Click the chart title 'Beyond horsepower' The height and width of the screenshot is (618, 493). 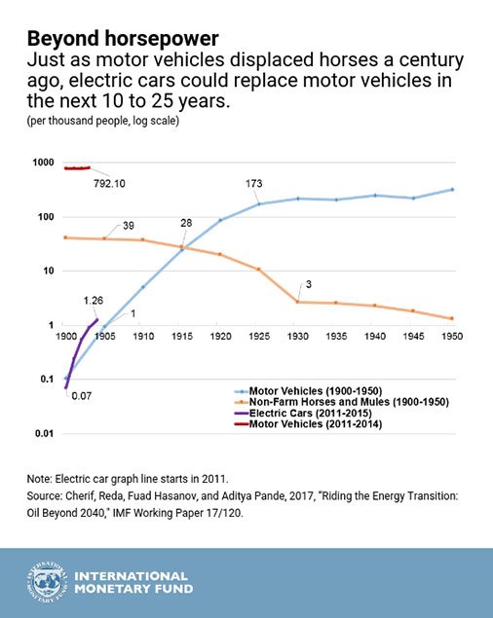coord(123,39)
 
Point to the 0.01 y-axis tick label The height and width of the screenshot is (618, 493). coord(44,433)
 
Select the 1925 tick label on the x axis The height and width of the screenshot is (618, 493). coord(259,336)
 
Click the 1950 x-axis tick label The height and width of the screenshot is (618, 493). coord(452,336)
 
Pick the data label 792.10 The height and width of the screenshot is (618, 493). coord(109,184)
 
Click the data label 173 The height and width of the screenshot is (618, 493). coord(253,184)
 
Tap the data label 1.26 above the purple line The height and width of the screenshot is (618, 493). coord(94,301)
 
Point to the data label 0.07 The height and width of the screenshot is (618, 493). coord(81,396)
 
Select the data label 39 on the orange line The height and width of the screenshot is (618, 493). coord(129,226)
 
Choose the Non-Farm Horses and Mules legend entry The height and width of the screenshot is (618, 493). coord(341,402)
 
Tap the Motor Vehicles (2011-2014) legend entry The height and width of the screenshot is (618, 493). coord(308,424)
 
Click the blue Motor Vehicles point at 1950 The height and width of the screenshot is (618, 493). coord(452,190)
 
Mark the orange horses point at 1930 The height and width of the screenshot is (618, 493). coord(297,302)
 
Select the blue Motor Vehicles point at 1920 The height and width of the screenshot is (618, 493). coord(220,220)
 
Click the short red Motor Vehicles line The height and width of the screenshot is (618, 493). coord(77,168)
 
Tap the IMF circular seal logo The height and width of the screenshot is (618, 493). coord(47,582)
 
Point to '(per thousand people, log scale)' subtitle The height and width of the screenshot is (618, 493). coord(103,121)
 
